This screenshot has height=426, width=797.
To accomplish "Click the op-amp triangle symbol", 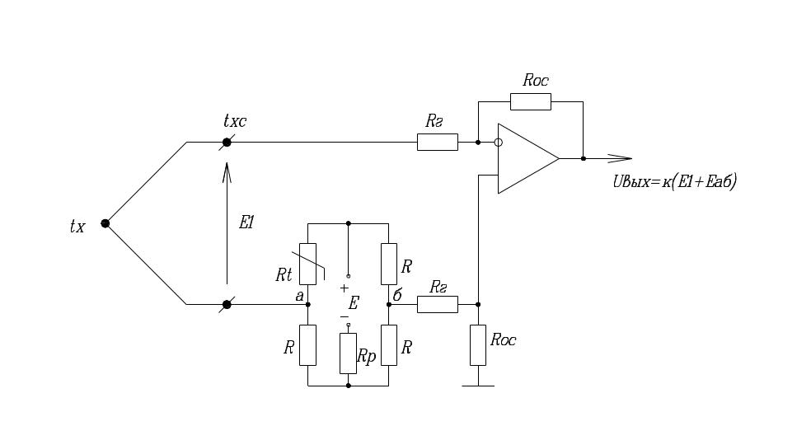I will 526,158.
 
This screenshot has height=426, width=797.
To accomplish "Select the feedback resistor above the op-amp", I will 530,101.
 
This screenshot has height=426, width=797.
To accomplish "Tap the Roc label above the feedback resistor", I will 536,81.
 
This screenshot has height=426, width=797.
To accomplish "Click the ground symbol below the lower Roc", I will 478,385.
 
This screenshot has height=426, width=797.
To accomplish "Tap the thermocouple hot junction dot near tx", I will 105,223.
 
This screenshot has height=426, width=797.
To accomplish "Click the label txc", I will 235,122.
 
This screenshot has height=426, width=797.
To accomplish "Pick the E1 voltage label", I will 246,223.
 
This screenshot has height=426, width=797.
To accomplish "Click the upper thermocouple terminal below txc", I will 227,143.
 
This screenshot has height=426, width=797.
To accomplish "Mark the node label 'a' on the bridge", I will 299,294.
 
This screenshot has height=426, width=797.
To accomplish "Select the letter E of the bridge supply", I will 353,304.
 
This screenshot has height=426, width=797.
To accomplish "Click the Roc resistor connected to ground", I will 478,344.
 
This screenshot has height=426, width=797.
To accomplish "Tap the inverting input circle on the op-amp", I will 498,143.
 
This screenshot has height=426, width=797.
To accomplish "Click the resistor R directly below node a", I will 307,344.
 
